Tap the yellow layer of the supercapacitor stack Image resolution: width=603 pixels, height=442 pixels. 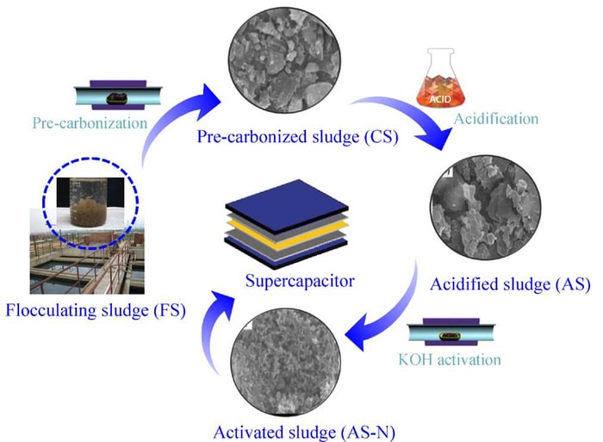point(284,230)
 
